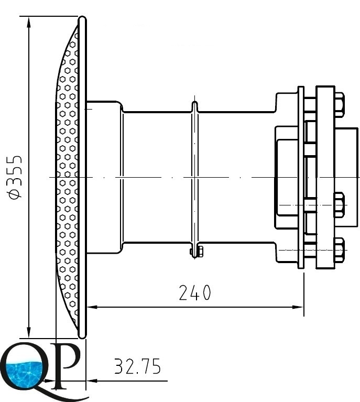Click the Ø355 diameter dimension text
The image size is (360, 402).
(x=15, y=177)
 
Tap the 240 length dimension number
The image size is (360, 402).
(x=195, y=292)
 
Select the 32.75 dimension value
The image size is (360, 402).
(x=137, y=366)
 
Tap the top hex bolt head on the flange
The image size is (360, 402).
(x=339, y=105)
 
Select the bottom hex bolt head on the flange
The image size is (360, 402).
(x=339, y=250)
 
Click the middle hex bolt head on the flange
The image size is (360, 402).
(x=339, y=205)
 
